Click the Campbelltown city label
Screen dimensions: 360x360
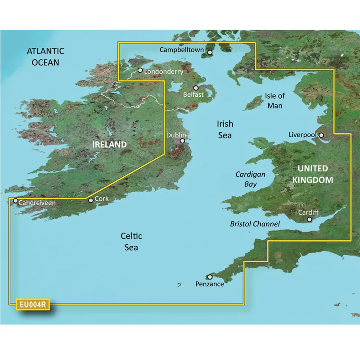click(182, 50)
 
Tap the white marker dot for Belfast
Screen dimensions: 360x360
click(196, 88)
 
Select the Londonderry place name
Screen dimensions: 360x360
click(164, 71)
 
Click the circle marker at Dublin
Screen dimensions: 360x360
click(182, 141)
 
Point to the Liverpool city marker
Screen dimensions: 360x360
click(321, 135)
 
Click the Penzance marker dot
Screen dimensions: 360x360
click(210, 277)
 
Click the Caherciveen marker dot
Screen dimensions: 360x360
click(16, 201)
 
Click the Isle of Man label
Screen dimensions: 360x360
click(274, 100)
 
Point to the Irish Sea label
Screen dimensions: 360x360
click(225, 129)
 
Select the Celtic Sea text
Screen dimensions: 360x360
click(131, 242)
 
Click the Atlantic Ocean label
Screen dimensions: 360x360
click(45, 57)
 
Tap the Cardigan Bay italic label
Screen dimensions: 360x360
click(251, 179)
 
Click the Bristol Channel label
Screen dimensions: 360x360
click(255, 224)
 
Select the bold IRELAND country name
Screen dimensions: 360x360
click(109, 144)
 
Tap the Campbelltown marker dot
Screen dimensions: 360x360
click(210, 52)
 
